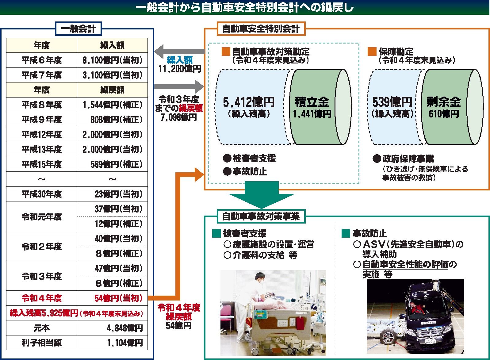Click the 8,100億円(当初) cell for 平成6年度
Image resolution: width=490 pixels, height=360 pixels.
click(x=112, y=60)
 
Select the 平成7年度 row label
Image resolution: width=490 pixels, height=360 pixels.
click(x=42, y=75)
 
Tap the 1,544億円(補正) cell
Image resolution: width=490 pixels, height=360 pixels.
click(x=112, y=105)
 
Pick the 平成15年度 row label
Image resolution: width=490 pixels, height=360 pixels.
click(x=42, y=164)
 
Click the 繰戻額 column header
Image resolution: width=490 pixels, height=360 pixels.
click(x=112, y=90)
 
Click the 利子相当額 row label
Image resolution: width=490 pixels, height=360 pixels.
click(x=42, y=343)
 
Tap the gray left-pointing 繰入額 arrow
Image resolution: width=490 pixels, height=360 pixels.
click(x=179, y=49)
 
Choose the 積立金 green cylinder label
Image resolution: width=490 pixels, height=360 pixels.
click(x=312, y=102)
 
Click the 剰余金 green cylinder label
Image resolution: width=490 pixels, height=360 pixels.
click(x=443, y=102)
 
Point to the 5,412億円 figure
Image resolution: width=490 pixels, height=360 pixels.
click(x=249, y=102)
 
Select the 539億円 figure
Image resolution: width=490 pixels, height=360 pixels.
click(x=392, y=102)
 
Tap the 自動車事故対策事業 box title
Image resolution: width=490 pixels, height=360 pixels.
click(x=260, y=217)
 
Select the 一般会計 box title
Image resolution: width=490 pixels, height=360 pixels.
click(x=78, y=29)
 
